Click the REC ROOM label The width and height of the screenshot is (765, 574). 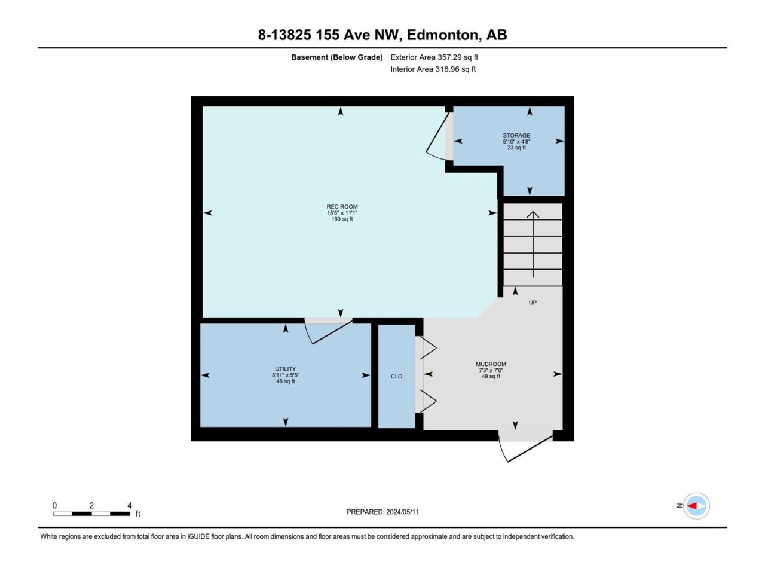(342, 207)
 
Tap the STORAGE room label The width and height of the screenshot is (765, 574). (516, 135)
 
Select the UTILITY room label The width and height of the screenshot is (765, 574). (286, 369)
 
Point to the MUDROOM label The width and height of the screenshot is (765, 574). (491, 364)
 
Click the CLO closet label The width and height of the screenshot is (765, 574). (396, 377)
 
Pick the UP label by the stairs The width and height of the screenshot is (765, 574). (533, 303)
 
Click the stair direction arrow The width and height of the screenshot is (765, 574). (533, 245)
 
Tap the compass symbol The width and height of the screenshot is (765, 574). (696, 506)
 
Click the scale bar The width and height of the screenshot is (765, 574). (91, 514)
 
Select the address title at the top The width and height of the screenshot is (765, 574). (382, 35)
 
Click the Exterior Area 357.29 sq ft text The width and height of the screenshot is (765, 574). (434, 57)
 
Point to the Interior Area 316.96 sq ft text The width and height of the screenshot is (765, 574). (433, 69)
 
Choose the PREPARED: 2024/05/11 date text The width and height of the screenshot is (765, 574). (382, 512)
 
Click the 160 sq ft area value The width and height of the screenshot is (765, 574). (342, 219)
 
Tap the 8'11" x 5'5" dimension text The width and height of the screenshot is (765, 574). (286, 375)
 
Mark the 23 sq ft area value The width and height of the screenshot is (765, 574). (516, 148)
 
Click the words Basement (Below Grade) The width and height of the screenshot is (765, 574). (336, 57)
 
